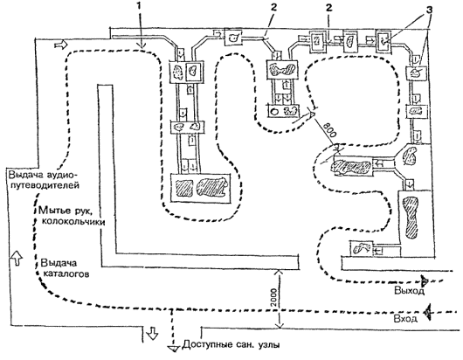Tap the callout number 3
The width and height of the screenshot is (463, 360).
pyautogui.click(x=429, y=10)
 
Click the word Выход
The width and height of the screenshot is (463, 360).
pyautogui.click(x=410, y=291)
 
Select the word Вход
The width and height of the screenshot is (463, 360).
pyautogui.click(x=405, y=319)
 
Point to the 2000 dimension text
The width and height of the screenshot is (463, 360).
pyautogui.click(x=273, y=298)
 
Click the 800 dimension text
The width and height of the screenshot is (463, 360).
pyautogui.click(x=329, y=129)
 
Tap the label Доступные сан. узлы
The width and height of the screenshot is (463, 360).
pyautogui.click(x=231, y=344)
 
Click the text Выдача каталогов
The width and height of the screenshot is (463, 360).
pyautogui.click(x=65, y=268)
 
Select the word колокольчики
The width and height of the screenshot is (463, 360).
pyautogui.click(x=73, y=221)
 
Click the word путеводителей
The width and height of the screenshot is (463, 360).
pyautogui.click(x=45, y=186)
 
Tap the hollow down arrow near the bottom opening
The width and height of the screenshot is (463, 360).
pyautogui.click(x=152, y=333)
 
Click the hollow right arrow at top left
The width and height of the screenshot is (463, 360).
pyautogui.click(x=61, y=45)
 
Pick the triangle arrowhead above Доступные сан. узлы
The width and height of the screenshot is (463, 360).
pyautogui.click(x=172, y=349)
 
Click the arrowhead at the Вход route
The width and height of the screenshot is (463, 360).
pyautogui.click(x=427, y=312)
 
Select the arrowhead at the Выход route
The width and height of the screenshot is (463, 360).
pyautogui.click(x=425, y=280)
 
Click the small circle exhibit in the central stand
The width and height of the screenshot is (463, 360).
pyautogui.click(x=274, y=111)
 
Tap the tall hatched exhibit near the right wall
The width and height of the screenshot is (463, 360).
pyautogui.click(x=411, y=217)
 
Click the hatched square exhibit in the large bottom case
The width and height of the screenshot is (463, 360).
pyautogui.click(x=183, y=188)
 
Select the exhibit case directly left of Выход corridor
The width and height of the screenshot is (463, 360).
pyautogui.click(x=361, y=249)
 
